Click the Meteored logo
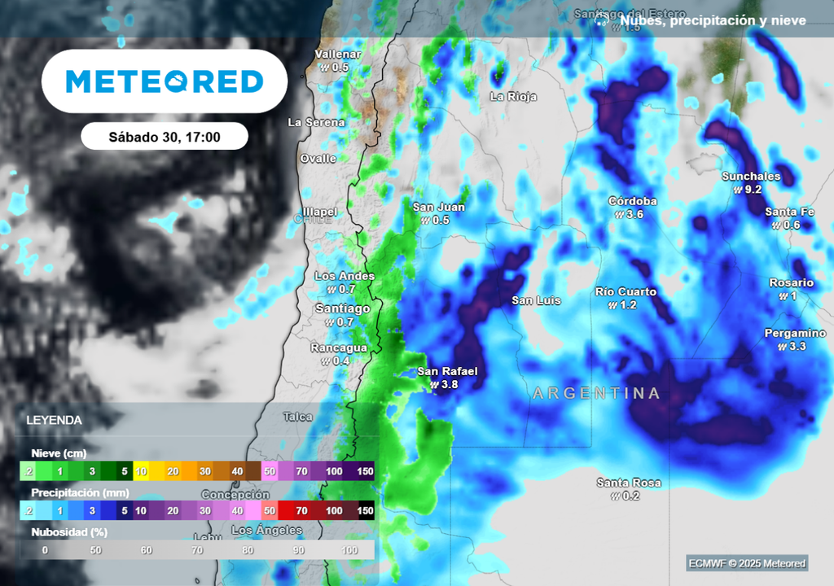tap(164, 81)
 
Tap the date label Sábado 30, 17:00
tap(165, 137)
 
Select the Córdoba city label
tap(632, 201)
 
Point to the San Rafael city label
tap(447, 372)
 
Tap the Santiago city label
tap(342, 308)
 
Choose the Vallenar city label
tap(338, 55)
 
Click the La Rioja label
tap(513, 96)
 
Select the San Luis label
tap(536, 300)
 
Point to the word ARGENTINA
tap(596, 394)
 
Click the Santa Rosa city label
tap(628, 483)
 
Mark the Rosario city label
tap(791, 282)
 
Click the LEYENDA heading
tap(54, 421)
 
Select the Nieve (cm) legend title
tap(59, 453)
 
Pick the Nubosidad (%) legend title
tap(69, 532)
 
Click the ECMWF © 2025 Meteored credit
tap(746, 563)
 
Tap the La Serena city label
tap(316, 122)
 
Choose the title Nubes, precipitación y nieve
tap(713, 21)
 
